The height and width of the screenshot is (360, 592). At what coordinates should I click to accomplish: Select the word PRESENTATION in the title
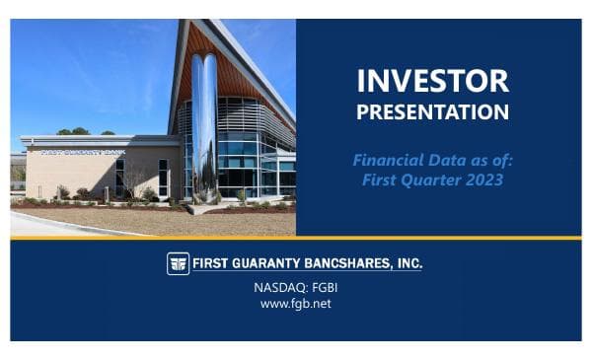(432, 111)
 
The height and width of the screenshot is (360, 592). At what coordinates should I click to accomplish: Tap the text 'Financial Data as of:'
(433, 158)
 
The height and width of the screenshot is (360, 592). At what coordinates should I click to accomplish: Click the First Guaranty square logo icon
(178, 263)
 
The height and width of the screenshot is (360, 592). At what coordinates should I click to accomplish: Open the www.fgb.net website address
(295, 304)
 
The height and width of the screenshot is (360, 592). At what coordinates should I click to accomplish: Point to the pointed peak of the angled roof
(189, 22)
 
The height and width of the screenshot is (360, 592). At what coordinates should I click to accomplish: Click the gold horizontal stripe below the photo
(296, 238)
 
